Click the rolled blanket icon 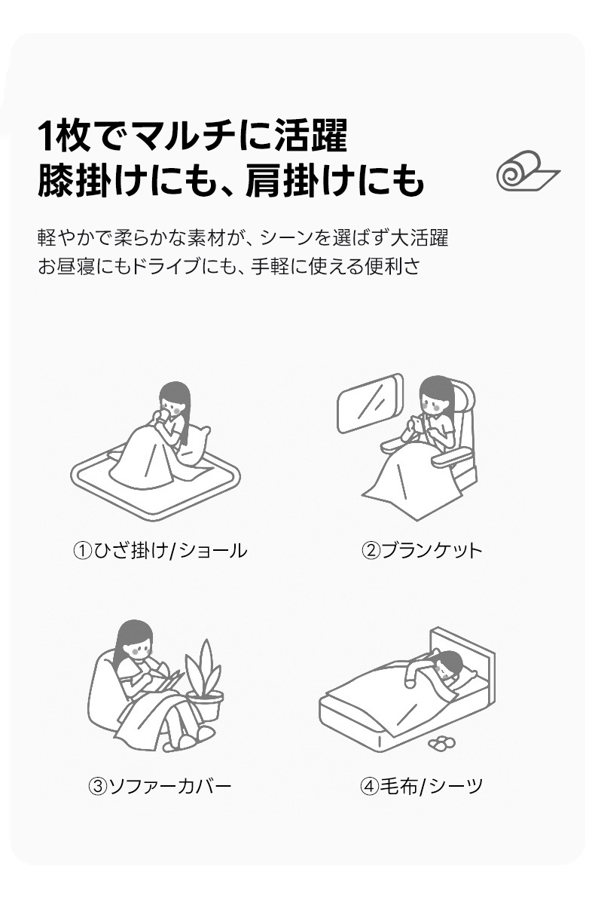coord(527,171)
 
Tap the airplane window coord(370,402)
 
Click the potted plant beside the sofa coord(204,680)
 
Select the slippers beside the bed coord(441,743)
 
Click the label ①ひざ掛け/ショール coord(160,550)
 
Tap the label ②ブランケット coord(422,550)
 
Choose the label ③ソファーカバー coord(160,785)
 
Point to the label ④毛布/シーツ coord(422,785)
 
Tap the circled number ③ coord(97,786)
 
